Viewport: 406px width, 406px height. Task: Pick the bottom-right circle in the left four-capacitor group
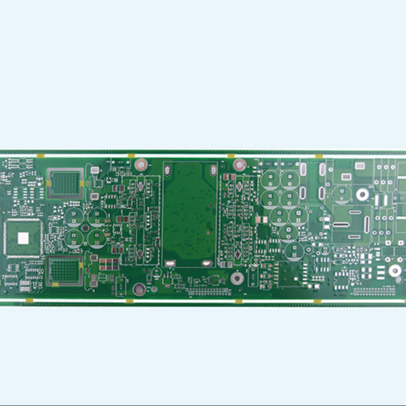[x=96, y=238]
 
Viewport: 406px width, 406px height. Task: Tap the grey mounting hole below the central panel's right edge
[x=237, y=278]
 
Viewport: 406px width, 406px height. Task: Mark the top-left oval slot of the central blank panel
[x=168, y=170]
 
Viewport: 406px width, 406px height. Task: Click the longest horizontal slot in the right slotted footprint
[x=348, y=222]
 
